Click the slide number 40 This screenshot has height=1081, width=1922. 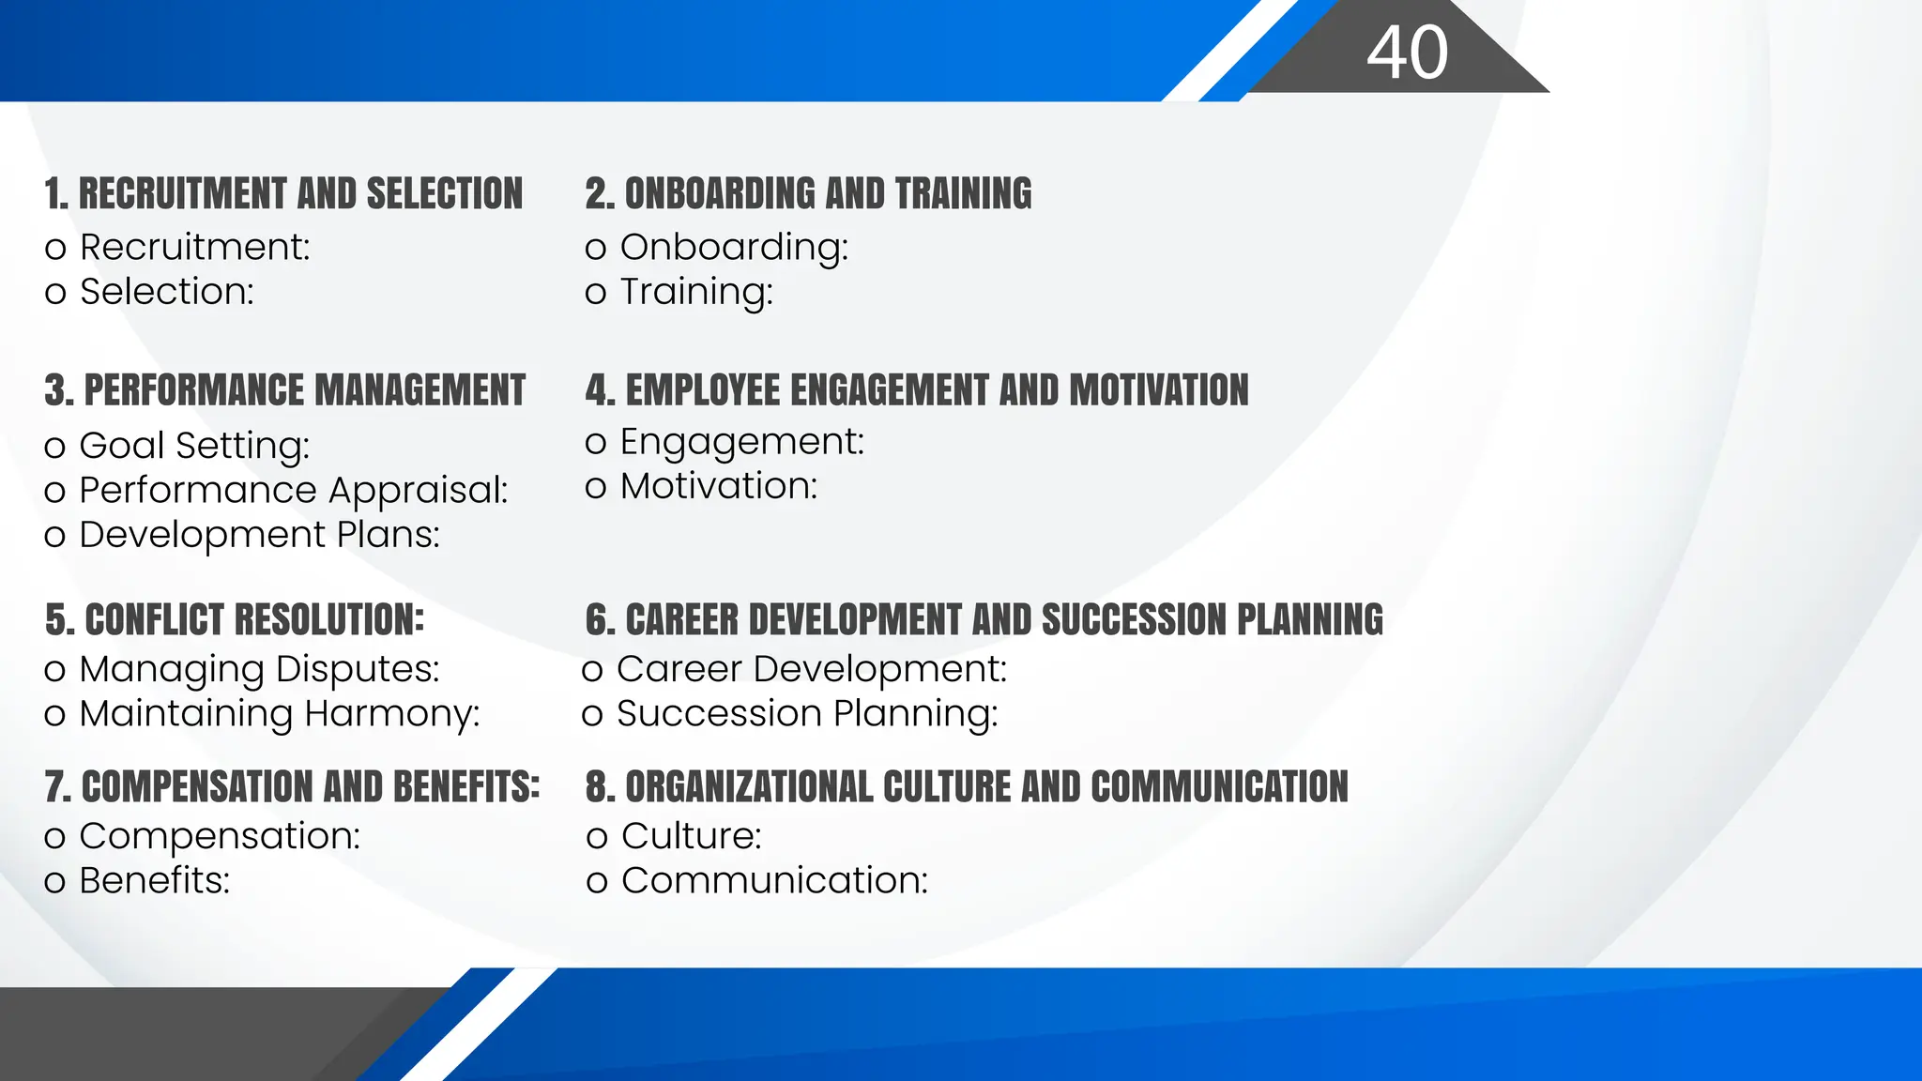click(1407, 53)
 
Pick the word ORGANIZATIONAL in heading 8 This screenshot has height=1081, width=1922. click(748, 787)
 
